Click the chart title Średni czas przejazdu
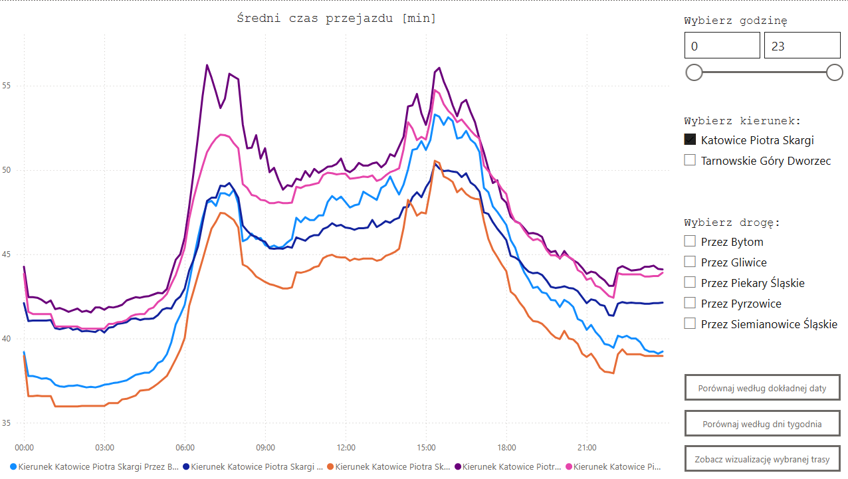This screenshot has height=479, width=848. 336,19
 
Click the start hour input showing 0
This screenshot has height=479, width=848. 722,46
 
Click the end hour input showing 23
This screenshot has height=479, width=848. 801,46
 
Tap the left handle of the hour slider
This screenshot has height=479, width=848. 694,72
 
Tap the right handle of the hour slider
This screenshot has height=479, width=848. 835,72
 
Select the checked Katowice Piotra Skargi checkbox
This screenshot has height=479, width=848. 690,140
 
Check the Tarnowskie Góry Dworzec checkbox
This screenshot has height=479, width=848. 690,160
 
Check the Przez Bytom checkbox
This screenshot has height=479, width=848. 690,241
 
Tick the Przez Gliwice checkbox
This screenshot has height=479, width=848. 690,262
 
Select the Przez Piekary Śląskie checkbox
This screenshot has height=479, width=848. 690,282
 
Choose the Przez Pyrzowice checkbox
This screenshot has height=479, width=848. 690,303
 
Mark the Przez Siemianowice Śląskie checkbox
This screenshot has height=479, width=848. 690,324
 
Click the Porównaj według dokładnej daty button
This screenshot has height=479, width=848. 762,388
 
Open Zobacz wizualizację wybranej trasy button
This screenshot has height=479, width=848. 762,458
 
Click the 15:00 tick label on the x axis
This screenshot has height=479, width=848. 426,447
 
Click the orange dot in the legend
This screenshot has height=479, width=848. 330,467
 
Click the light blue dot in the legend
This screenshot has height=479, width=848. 13,467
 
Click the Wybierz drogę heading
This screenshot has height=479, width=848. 732,223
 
